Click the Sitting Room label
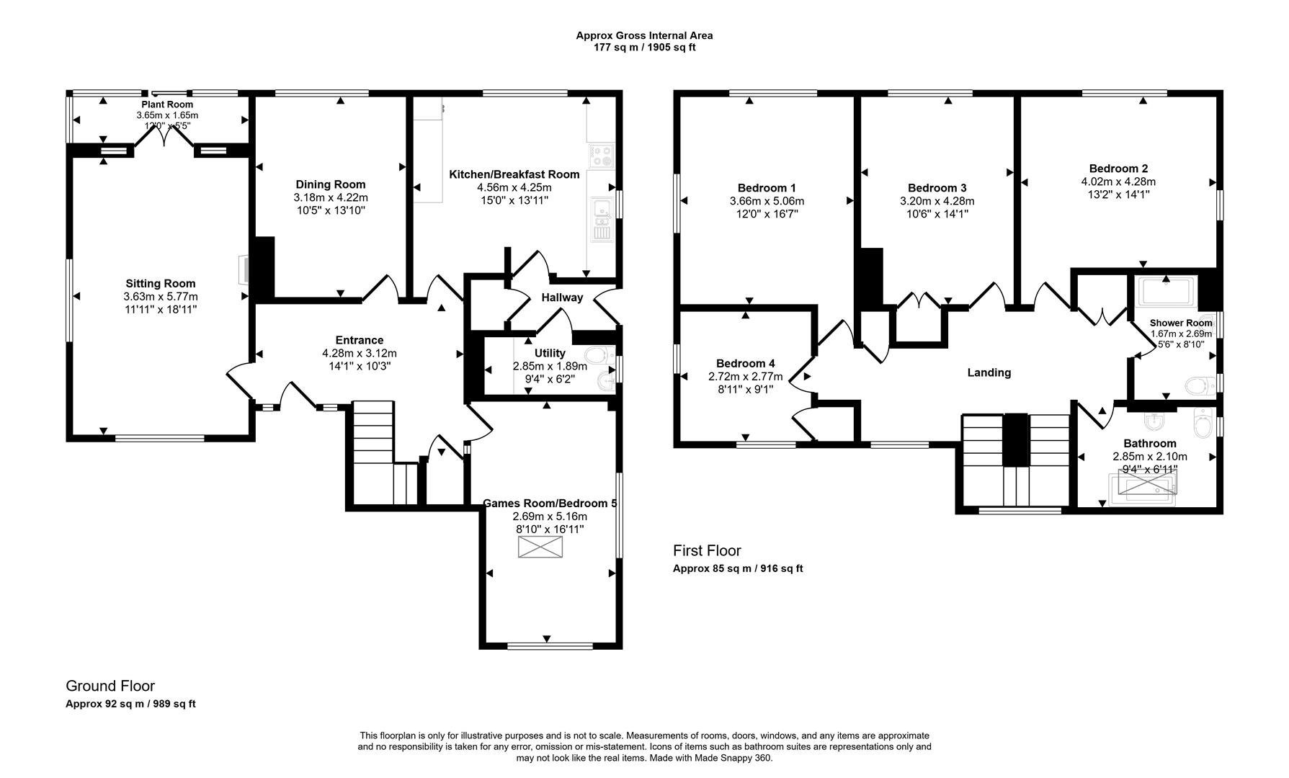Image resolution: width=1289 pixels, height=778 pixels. (161, 284)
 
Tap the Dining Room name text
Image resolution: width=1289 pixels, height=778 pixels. (331, 184)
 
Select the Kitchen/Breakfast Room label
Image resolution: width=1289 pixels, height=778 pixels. (514, 174)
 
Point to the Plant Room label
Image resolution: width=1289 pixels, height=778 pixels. (167, 104)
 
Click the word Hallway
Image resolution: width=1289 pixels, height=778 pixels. (562, 298)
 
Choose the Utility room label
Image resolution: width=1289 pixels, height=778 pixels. (550, 353)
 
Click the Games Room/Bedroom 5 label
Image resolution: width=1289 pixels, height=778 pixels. (550, 504)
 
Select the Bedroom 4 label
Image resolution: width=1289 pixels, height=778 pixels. (746, 364)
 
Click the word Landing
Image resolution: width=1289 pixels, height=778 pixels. (989, 372)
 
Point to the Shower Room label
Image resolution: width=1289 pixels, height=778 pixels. (1181, 323)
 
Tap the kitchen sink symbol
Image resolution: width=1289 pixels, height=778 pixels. (600, 219)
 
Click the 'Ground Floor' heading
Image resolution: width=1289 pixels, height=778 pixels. (110, 686)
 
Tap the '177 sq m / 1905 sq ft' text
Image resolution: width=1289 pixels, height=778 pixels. (644, 48)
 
